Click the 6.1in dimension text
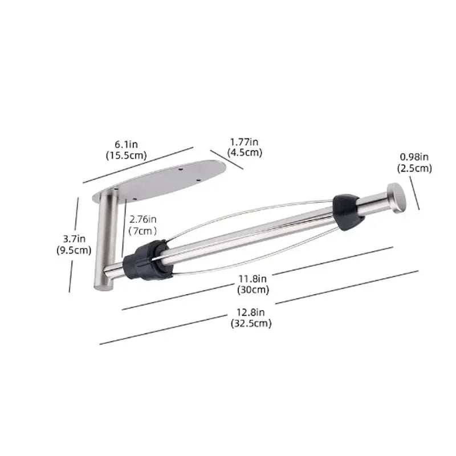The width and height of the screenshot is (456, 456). click(126, 144)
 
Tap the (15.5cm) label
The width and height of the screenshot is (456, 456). click(126, 156)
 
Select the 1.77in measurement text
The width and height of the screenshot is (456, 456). click(245, 142)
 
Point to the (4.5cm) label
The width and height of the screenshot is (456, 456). click(245, 152)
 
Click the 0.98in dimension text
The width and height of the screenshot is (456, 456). click(414, 157)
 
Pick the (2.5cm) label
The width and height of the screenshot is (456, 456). click(414, 168)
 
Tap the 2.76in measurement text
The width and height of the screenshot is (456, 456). click(143, 219)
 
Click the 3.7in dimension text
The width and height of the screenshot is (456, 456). click(74, 239)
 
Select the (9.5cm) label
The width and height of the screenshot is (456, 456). click(74, 250)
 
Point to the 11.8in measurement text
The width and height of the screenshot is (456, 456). click(253, 279)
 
